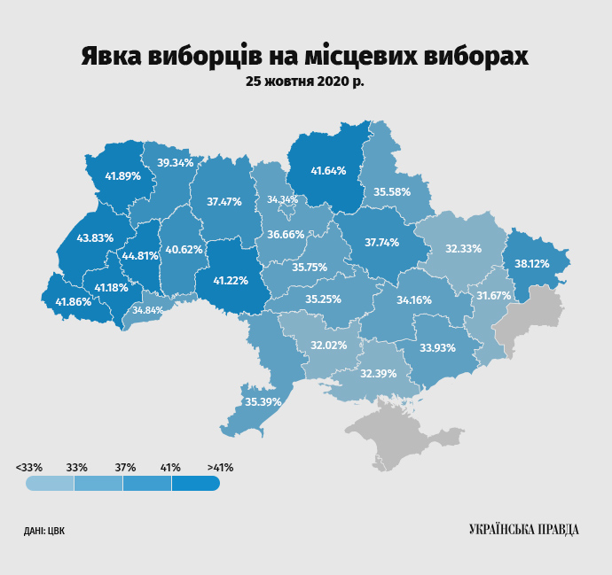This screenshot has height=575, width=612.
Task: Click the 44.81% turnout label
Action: pos(140,256)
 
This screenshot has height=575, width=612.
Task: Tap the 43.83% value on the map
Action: pos(95,237)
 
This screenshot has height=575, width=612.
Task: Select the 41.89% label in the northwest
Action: pos(122,175)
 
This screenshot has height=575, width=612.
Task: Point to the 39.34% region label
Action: pos(175,162)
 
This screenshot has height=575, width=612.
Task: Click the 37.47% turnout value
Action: pos(224,201)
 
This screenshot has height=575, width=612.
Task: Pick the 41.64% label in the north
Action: pos(327,170)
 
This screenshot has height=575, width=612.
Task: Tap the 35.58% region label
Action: pos(391,191)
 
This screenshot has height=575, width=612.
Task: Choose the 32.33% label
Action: pos(462,249)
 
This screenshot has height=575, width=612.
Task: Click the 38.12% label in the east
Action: pos(532,263)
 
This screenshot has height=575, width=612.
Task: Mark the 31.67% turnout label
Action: pos(493,295)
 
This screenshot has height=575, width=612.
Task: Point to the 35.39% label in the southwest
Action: pos(263,401)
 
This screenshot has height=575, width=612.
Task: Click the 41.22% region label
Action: pos(230,280)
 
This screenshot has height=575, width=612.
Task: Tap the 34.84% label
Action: pos(147,310)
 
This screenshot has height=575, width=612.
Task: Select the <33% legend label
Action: pos(28,466)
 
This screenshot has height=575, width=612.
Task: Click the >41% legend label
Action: pos(220,466)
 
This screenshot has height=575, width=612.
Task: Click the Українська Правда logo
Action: pos(523,529)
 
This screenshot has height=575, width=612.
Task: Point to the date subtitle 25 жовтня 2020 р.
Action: pos(305,81)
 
